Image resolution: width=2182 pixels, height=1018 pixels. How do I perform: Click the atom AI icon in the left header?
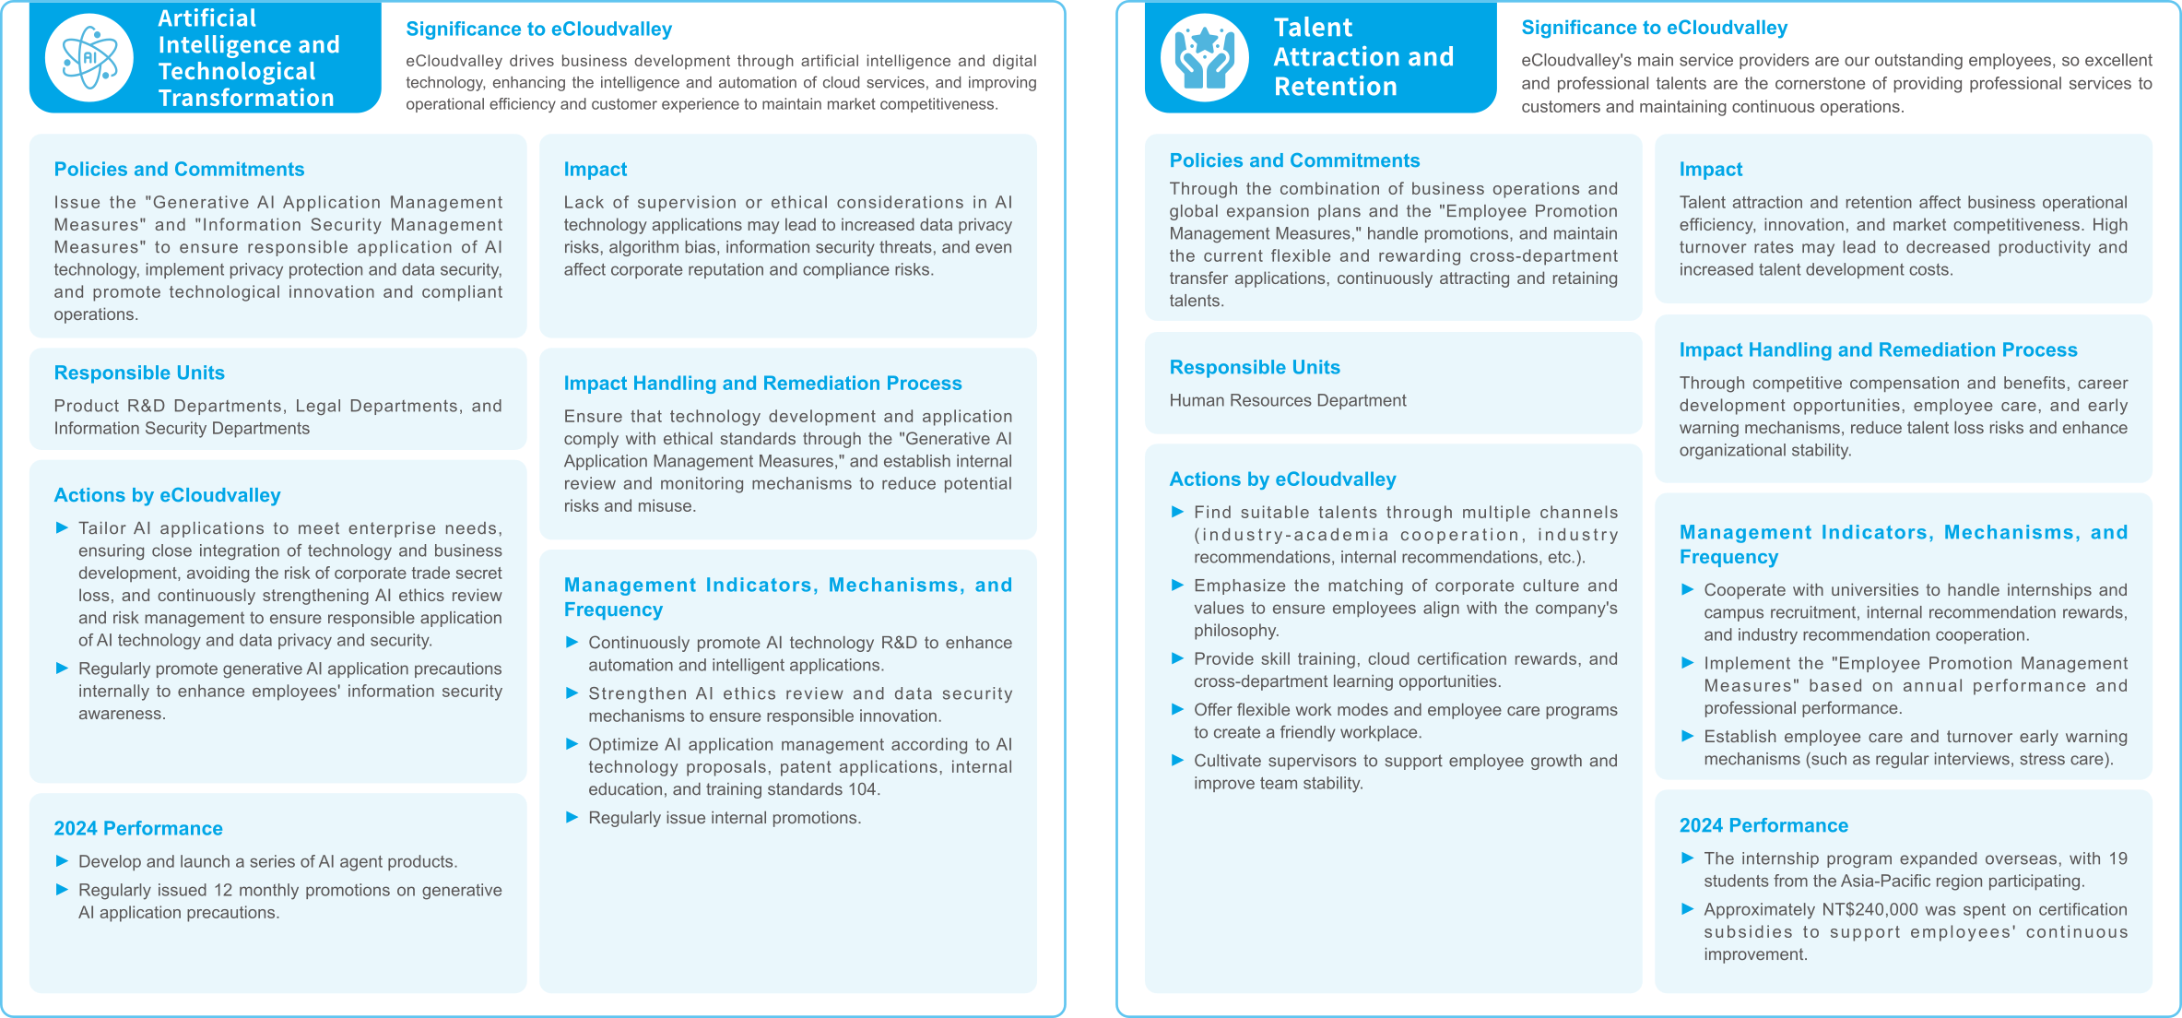88,57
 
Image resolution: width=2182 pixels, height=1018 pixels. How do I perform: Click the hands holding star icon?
1204,57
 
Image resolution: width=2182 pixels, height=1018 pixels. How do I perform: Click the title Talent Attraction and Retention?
1362,57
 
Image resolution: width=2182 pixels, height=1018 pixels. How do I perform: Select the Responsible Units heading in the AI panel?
139,373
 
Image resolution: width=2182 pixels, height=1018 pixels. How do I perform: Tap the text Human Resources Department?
1287,400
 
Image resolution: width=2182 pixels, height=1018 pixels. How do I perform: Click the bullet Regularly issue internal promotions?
724,818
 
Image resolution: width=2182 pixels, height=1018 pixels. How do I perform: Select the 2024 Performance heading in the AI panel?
138,828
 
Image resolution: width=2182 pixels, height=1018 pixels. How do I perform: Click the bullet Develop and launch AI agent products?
267,861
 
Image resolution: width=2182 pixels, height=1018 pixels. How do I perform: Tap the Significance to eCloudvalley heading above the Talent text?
1654,28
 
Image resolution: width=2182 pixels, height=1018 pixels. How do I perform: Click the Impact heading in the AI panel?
595,169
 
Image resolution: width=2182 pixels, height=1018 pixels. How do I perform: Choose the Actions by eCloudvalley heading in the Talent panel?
1281,479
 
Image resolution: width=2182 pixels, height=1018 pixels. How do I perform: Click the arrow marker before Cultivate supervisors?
1176,761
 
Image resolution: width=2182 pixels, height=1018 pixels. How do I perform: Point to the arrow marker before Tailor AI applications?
62,527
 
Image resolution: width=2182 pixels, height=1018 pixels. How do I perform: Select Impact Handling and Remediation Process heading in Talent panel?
1877,349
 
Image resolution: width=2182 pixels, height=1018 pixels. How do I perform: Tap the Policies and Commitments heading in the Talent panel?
1293,160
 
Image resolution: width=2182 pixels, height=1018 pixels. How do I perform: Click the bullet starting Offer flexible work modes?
1404,720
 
